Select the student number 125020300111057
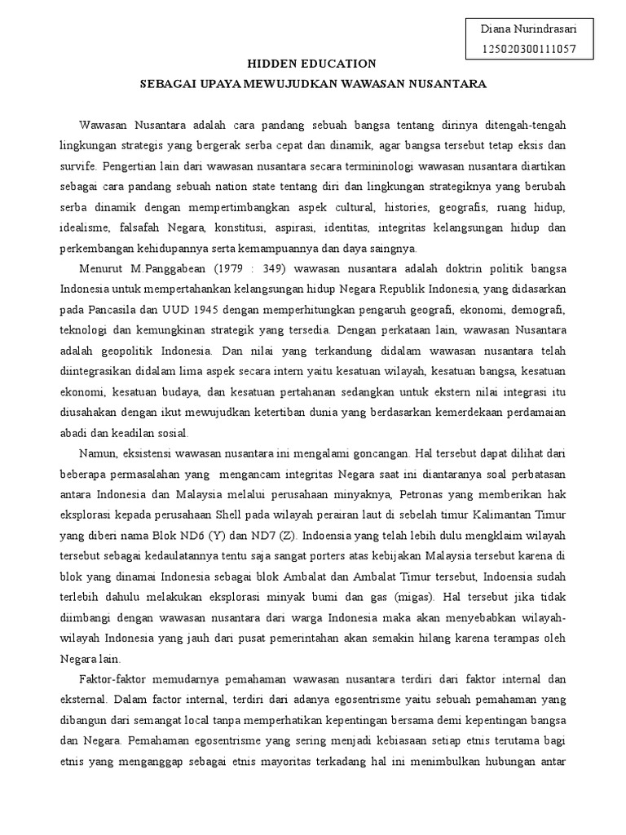529,49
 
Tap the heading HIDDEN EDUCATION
312,64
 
